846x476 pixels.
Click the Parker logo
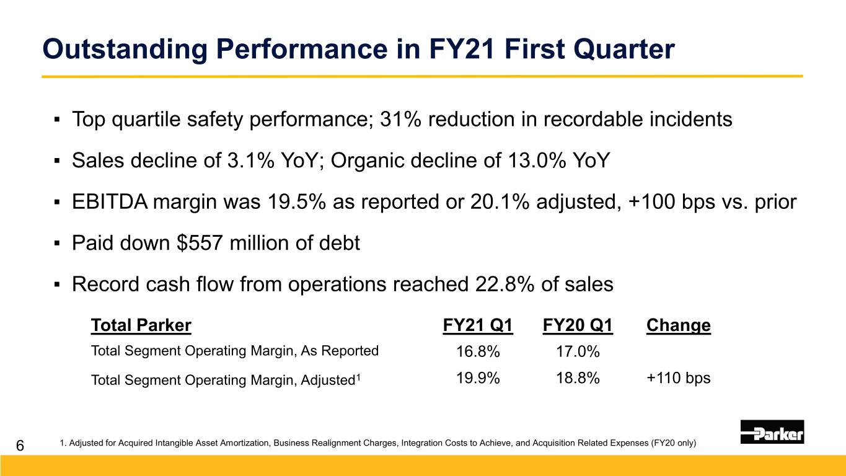point(772,432)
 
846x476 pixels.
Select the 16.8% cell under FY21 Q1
point(478,352)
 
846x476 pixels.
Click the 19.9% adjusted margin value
point(478,378)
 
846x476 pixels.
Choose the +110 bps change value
point(678,378)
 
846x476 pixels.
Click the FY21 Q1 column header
point(478,325)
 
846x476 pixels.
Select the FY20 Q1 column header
point(578,325)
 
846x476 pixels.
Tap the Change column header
point(678,325)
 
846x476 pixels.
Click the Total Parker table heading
point(141,325)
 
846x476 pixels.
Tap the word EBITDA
point(109,202)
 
